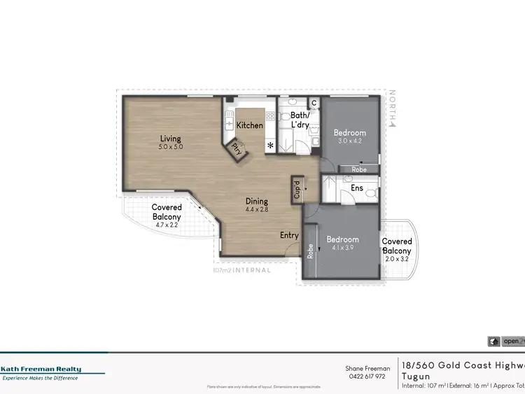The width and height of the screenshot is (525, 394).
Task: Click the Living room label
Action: pyautogui.click(x=171, y=138)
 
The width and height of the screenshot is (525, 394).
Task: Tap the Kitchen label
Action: pyautogui.click(x=249, y=125)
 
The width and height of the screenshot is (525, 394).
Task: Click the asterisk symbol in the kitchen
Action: pyautogui.click(x=270, y=146)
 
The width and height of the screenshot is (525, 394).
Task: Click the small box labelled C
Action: pyautogui.click(x=314, y=104)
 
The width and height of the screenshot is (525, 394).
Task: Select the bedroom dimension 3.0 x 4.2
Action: pyautogui.click(x=349, y=141)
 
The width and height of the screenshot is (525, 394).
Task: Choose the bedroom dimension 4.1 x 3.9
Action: pyautogui.click(x=342, y=248)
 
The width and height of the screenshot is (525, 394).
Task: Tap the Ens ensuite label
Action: pyautogui.click(x=356, y=188)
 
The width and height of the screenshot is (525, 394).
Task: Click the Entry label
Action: pyautogui.click(x=289, y=235)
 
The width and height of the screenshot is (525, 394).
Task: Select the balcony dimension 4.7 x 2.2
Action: pyautogui.click(x=167, y=225)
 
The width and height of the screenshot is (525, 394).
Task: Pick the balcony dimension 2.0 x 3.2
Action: pyautogui.click(x=396, y=259)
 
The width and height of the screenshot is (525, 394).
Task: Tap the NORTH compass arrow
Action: pyautogui.click(x=393, y=124)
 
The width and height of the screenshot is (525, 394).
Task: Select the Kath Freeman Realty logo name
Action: pyautogui.click(x=41, y=369)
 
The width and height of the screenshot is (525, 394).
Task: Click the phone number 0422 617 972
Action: pyautogui.click(x=367, y=376)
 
